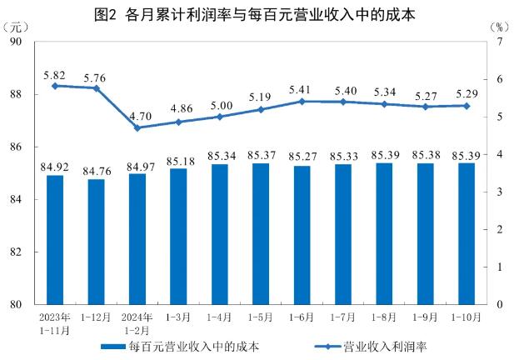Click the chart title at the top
(259, 14)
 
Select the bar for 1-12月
(96, 242)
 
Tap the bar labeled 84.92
(55, 240)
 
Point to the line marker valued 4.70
(137, 127)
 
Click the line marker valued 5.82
(55, 86)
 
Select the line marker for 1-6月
(302, 101)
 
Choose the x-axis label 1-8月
(384, 317)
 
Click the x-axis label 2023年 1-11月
(55, 324)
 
